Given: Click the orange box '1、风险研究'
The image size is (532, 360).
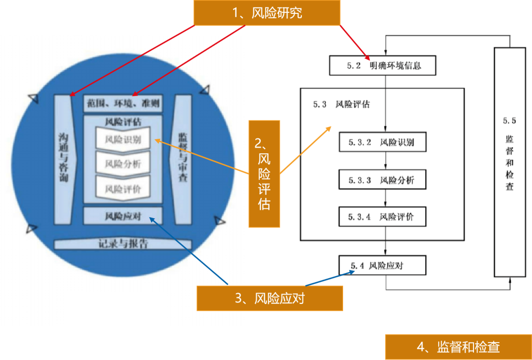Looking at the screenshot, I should (x=267, y=12).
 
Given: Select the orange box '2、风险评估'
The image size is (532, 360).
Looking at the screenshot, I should (x=264, y=174).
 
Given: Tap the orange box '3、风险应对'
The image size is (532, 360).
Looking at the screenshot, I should (x=269, y=298).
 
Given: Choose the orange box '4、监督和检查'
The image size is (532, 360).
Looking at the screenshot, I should (x=458, y=347).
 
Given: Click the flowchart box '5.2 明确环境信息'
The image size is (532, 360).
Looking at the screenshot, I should (x=382, y=65).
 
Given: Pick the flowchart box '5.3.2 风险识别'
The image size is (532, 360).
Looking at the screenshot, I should (x=383, y=143).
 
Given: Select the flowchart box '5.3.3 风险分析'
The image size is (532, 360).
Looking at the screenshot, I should (x=383, y=180).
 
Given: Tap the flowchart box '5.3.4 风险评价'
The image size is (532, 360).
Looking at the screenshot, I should (x=383, y=217).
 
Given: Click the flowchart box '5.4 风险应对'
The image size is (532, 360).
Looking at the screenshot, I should (x=382, y=265).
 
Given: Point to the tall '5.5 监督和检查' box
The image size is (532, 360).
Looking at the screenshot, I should (x=510, y=162).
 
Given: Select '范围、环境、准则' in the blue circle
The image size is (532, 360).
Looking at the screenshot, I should (x=123, y=104).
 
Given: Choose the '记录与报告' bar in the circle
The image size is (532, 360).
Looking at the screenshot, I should (x=123, y=244).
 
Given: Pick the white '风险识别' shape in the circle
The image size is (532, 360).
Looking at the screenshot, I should (x=123, y=139).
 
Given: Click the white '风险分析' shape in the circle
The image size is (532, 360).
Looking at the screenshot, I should (x=123, y=164).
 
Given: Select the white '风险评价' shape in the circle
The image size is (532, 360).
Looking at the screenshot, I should (x=123, y=189).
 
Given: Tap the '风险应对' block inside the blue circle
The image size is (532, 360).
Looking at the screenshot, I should (x=123, y=216).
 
